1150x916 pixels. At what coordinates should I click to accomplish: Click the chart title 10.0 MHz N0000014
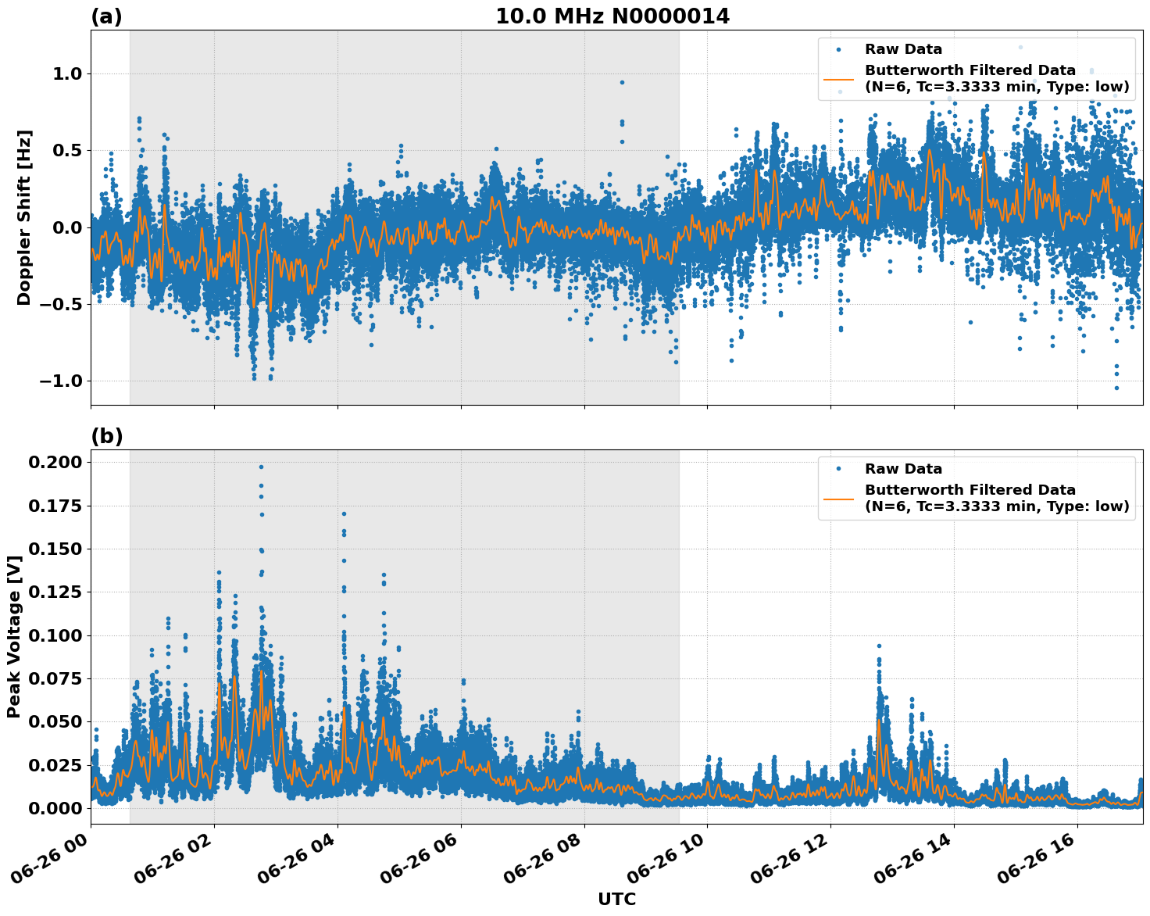[612, 16]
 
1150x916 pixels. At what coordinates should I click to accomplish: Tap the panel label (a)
[106, 16]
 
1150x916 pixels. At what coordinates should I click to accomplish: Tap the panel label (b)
[106, 436]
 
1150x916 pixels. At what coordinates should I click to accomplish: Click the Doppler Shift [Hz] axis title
[24, 217]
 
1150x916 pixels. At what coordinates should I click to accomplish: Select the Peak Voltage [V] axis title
[13, 637]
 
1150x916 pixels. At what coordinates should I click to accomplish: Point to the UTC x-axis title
[616, 899]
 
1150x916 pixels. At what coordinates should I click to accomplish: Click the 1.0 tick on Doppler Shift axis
[66, 73]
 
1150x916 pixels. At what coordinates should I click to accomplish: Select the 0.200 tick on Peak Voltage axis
[55, 462]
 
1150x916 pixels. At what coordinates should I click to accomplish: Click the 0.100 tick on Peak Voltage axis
[55, 635]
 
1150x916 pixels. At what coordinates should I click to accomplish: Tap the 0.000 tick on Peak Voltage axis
[55, 808]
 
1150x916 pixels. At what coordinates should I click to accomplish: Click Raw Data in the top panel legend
[903, 49]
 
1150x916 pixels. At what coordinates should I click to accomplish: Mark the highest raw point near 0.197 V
[261, 467]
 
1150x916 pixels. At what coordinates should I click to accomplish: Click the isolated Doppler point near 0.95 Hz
[622, 82]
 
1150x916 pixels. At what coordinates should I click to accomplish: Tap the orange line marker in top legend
[838, 79]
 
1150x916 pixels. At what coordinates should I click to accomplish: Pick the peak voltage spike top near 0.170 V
[344, 513]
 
